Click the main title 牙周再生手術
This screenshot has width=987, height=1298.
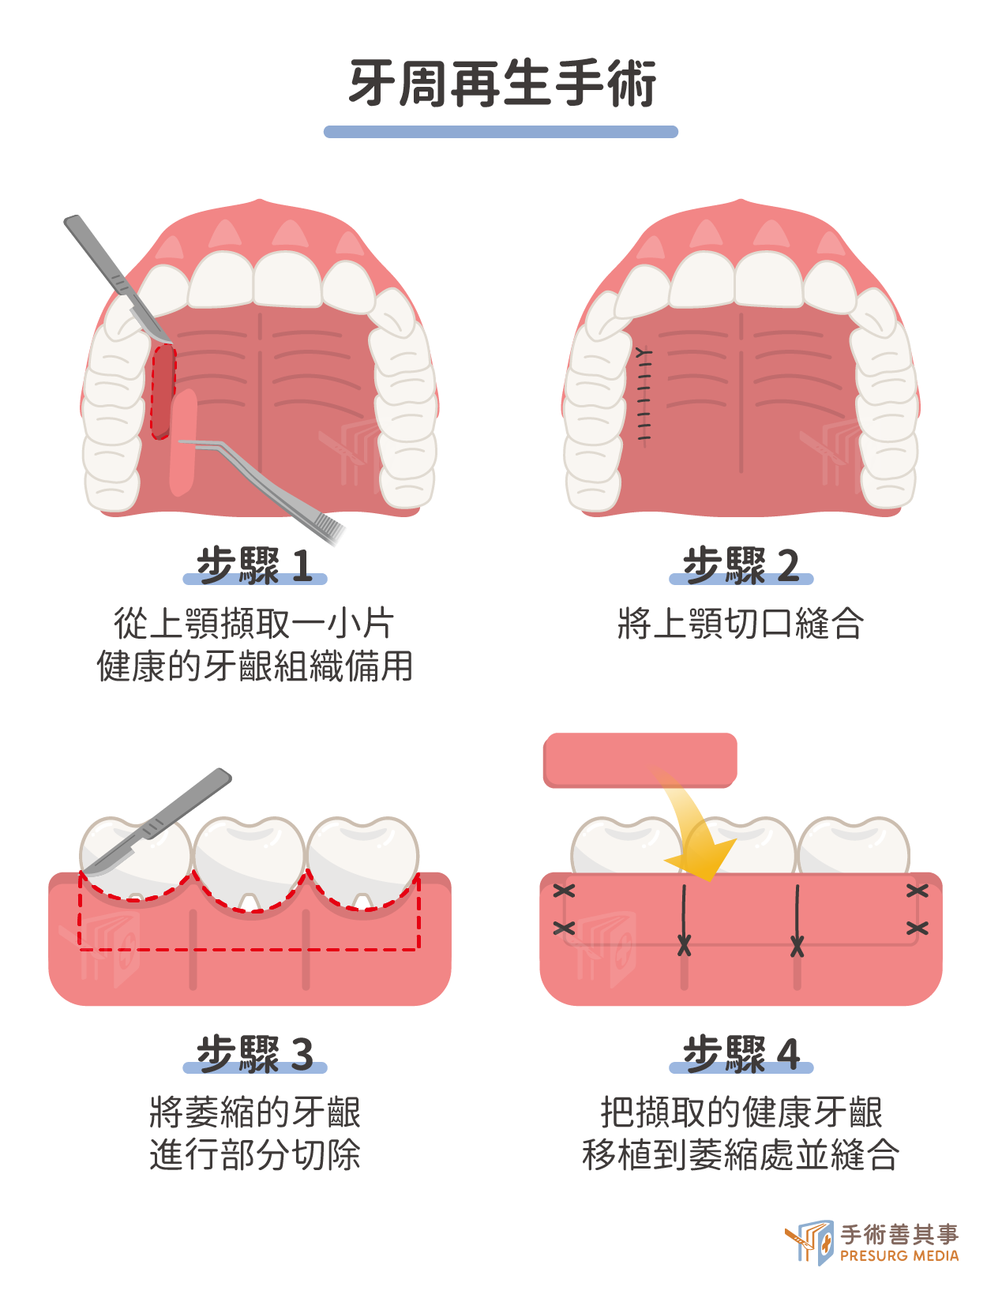click(501, 83)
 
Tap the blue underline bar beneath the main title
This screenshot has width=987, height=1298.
click(501, 131)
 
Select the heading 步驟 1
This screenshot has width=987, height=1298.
click(254, 565)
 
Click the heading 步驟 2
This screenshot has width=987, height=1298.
click(741, 565)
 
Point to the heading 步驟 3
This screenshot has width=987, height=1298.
click(254, 1054)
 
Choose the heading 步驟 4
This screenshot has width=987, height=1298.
click(741, 1054)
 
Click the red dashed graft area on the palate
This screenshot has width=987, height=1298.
click(163, 392)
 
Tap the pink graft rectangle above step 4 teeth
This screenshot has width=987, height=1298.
click(640, 760)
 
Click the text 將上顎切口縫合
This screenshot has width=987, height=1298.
click(741, 623)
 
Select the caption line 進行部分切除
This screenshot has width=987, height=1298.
click(255, 1154)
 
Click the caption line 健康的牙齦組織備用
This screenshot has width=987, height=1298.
click(255, 666)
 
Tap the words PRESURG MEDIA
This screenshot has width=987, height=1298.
click(899, 1255)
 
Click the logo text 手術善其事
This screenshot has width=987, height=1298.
click(899, 1234)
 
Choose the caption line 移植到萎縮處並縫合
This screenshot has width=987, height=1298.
click(741, 1154)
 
